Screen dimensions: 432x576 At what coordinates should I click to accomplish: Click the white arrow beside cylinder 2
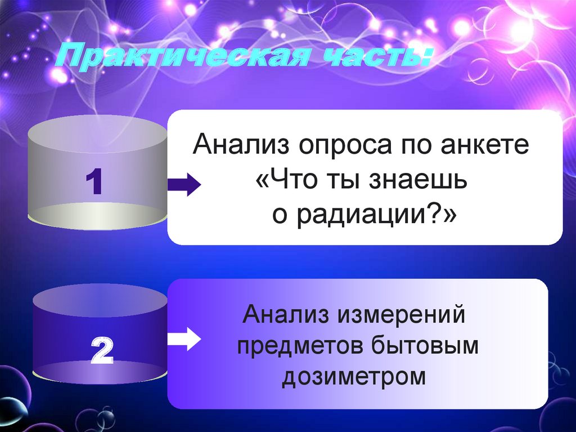tap(184, 339)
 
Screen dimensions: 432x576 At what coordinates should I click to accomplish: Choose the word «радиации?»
tap(371, 215)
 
